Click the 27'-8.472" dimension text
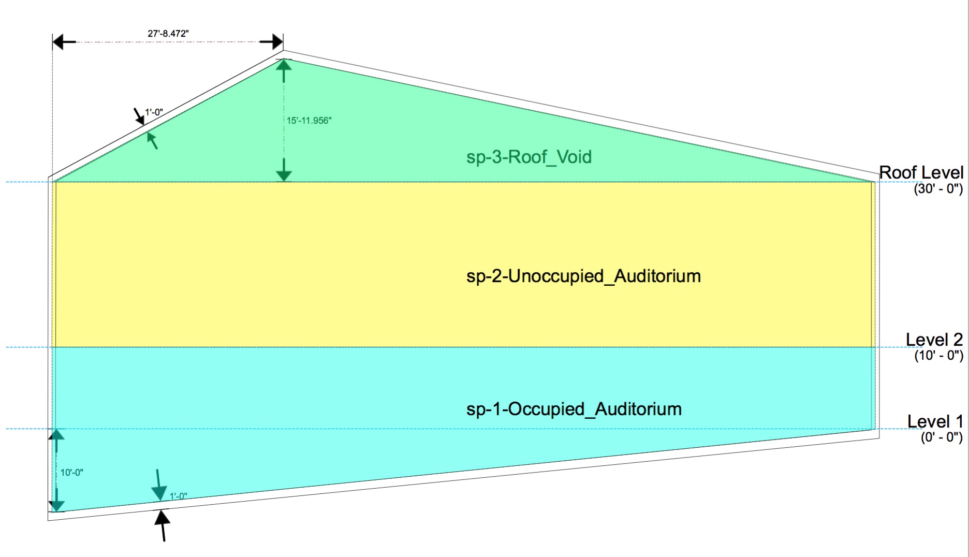tap(168, 34)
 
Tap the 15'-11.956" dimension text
tap(309, 121)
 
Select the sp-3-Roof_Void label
tap(528, 157)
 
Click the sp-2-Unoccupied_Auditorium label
tap(583, 276)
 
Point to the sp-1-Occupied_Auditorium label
tap(574, 409)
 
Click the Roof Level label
tap(921, 172)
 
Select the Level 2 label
tap(934, 340)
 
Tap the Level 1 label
tap(935, 421)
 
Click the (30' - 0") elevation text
tap(938, 188)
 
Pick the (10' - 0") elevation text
tap(938, 356)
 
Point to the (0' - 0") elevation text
tap(941, 437)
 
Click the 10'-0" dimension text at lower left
tap(71, 473)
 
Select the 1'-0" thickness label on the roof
tap(154, 112)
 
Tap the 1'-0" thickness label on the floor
tap(178, 496)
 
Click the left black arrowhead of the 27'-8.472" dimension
tap(64, 42)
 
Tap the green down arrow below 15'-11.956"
tap(284, 171)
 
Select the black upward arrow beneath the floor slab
tap(163, 524)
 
